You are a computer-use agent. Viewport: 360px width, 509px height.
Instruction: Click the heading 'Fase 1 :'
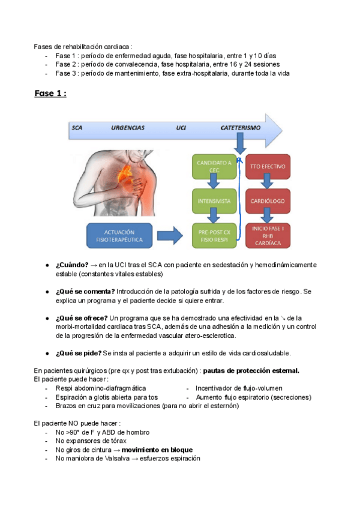[x=50, y=94]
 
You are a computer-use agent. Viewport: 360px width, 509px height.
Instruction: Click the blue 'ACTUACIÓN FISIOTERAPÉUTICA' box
[x=119, y=235]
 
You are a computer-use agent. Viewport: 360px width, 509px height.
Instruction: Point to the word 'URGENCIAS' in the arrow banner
[x=128, y=128]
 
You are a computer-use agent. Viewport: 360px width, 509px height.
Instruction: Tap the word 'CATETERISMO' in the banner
[x=240, y=128]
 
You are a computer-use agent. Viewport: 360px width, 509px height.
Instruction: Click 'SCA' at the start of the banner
[x=77, y=128]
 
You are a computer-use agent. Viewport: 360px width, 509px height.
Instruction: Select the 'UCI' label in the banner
[x=181, y=128]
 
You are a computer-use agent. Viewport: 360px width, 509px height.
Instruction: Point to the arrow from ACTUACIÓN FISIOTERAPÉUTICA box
[x=172, y=235]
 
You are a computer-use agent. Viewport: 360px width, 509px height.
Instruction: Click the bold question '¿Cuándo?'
[x=72, y=265]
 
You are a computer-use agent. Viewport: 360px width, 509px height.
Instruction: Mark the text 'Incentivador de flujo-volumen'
[x=239, y=388]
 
